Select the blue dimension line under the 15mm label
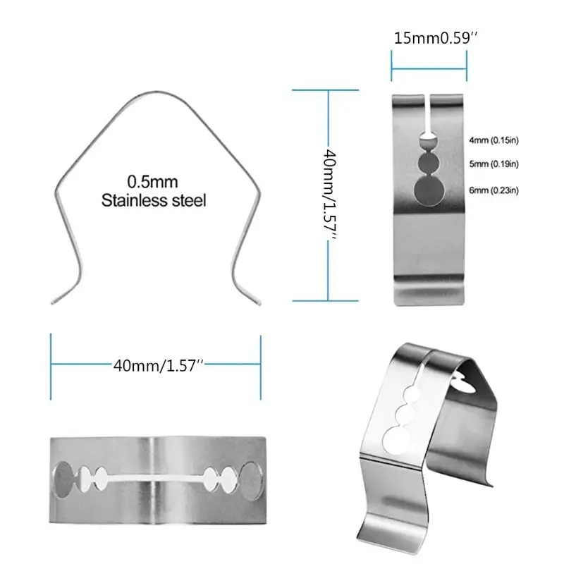[x=429, y=68]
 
